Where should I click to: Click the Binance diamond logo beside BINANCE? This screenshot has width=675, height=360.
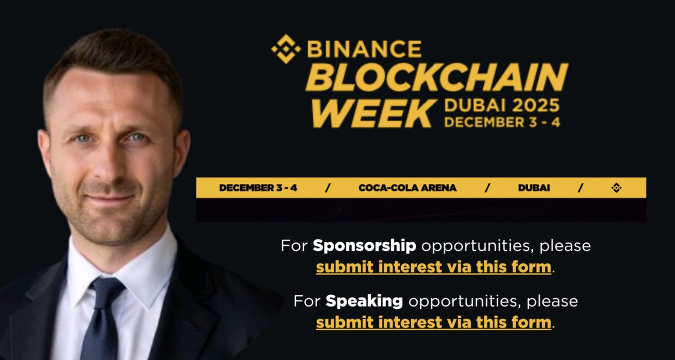tap(286, 49)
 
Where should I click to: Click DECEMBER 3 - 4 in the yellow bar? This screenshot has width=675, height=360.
tap(258, 188)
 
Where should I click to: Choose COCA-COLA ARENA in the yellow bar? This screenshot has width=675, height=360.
tap(407, 188)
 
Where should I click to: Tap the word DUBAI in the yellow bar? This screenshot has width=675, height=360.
tap(534, 188)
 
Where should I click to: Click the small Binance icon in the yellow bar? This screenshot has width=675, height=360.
tap(616, 188)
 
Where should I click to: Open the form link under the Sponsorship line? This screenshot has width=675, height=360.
tap(433, 267)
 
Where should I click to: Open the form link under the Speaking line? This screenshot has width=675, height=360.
tap(433, 322)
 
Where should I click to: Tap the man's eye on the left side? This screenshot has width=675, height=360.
tap(82, 138)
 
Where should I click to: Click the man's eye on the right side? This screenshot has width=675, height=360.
tap(137, 137)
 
